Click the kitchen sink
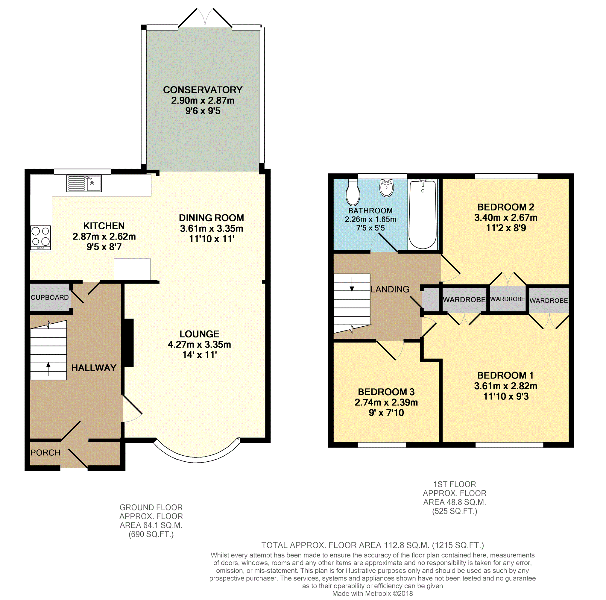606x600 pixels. click(x=84, y=183)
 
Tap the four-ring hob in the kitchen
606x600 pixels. click(x=41, y=238)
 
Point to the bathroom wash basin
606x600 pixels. click(x=386, y=188)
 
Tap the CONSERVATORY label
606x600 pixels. click(x=203, y=90)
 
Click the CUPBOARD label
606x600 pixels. click(x=50, y=298)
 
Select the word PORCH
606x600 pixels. click(x=45, y=452)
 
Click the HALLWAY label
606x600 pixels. click(x=94, y=368)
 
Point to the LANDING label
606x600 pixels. click(x=390, y=289)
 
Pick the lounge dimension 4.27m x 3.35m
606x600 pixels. click(x=199, y=345)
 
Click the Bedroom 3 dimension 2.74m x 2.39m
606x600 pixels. click(x=386, y=402)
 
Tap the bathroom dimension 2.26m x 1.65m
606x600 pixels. click(x=370, y=219)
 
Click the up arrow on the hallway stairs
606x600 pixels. click(x=48, y=369)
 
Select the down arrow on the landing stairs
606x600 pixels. click(x=352, y=285)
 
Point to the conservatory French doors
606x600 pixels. click(x=205, y=18)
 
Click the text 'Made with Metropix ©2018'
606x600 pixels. click(x=373, y=593)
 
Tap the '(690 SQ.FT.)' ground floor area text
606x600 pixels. click(x=151, y=534)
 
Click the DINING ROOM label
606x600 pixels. click(x=211, y=218)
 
